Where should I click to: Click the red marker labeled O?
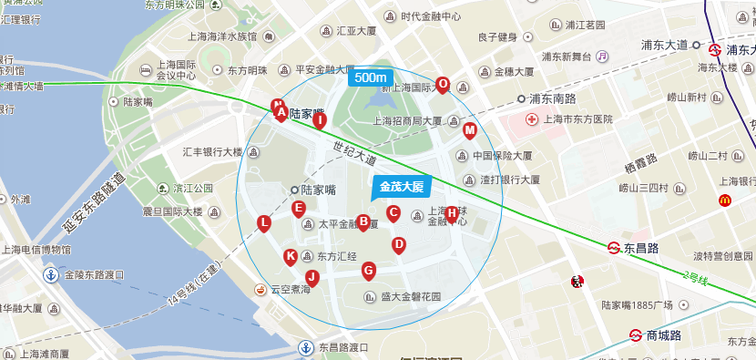click(443, 85)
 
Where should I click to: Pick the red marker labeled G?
click(368, 270)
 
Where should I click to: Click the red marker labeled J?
click(312, 278)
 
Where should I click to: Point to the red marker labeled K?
click(291, 257)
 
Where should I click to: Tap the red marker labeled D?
click(398, 245)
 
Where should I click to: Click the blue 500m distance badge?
click(370, 77)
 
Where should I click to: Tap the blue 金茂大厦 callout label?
click(402, 187)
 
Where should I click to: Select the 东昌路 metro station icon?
click(615, 247)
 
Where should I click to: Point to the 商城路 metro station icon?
click(636, 335)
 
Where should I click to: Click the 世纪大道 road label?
click(354, 152)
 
